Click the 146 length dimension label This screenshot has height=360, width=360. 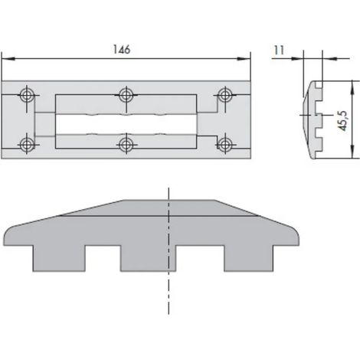click(122, 49)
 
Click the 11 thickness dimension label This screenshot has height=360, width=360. click(279, 50)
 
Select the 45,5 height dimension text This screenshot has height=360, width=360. click(343, 121)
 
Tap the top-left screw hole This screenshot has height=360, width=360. click(27, 96)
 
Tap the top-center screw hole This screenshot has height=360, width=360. click(126, 96)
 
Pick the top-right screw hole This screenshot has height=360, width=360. click(224, 96)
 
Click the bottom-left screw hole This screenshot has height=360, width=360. click(27, 145)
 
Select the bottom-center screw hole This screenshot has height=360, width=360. click(126, 145)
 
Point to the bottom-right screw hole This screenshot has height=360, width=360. click(224, 145)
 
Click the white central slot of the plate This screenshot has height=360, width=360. click(126, 124)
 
